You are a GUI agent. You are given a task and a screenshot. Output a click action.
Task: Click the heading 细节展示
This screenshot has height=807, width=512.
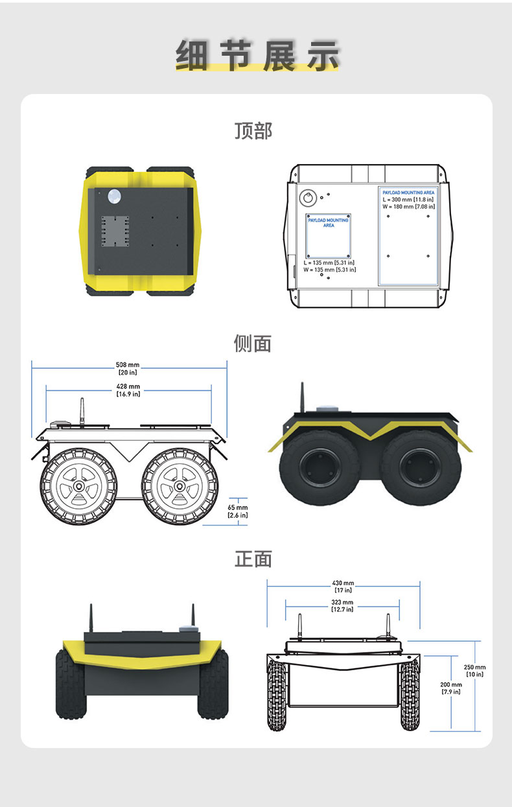click(257, 55)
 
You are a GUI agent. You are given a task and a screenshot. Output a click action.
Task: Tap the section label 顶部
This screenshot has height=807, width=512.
click(253, 131)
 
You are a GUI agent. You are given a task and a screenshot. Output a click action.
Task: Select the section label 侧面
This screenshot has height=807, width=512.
click(253, 344)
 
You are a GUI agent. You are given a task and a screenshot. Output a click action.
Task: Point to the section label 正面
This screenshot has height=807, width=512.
click(253, 559)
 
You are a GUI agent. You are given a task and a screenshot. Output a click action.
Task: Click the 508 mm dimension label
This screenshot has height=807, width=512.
click(128, 369)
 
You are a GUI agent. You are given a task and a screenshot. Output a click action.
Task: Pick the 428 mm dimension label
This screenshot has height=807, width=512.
click(128, 390)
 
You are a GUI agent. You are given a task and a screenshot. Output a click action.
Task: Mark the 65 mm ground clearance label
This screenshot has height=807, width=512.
click(238, 511)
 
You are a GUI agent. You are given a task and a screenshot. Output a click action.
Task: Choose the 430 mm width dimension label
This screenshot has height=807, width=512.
click(343, 587)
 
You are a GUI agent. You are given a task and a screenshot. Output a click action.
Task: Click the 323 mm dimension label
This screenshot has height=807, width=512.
click(342, 605)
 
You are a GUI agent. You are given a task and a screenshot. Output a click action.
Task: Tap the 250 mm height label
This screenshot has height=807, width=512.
click(474, 670)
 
